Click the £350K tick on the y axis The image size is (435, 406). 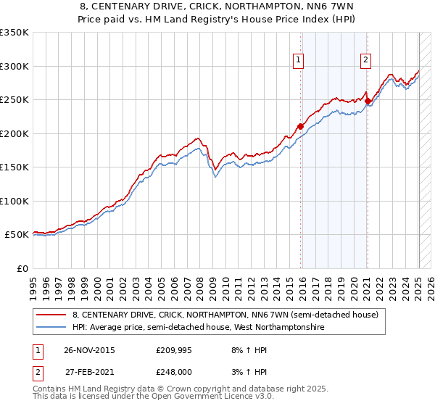(14, 33)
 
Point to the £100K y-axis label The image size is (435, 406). (14, 201)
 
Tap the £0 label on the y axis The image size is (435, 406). (22, 268)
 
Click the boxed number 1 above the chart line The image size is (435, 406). (299, 60)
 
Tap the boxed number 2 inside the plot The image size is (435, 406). (365, 60)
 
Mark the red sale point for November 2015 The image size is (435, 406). (300, 126)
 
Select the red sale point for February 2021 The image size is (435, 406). (368, 101)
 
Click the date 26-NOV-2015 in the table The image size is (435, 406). (89, 350)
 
